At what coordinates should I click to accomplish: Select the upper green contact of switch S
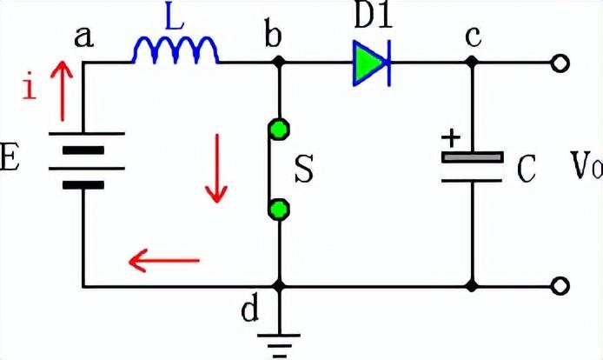(279, 130)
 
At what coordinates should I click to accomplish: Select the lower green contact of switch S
(279, 209)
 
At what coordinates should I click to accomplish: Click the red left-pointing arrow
(164, 258)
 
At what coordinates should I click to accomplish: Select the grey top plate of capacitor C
(472, 157)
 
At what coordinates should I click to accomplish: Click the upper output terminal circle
(561, 63)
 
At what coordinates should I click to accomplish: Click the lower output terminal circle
(561, 285)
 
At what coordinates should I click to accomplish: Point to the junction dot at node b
(279, 63)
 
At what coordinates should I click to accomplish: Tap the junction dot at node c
(472, 63)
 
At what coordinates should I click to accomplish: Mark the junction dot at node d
(279, 285)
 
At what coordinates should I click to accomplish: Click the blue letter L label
(175, 20)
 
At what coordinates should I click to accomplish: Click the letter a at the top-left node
(84, 37)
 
